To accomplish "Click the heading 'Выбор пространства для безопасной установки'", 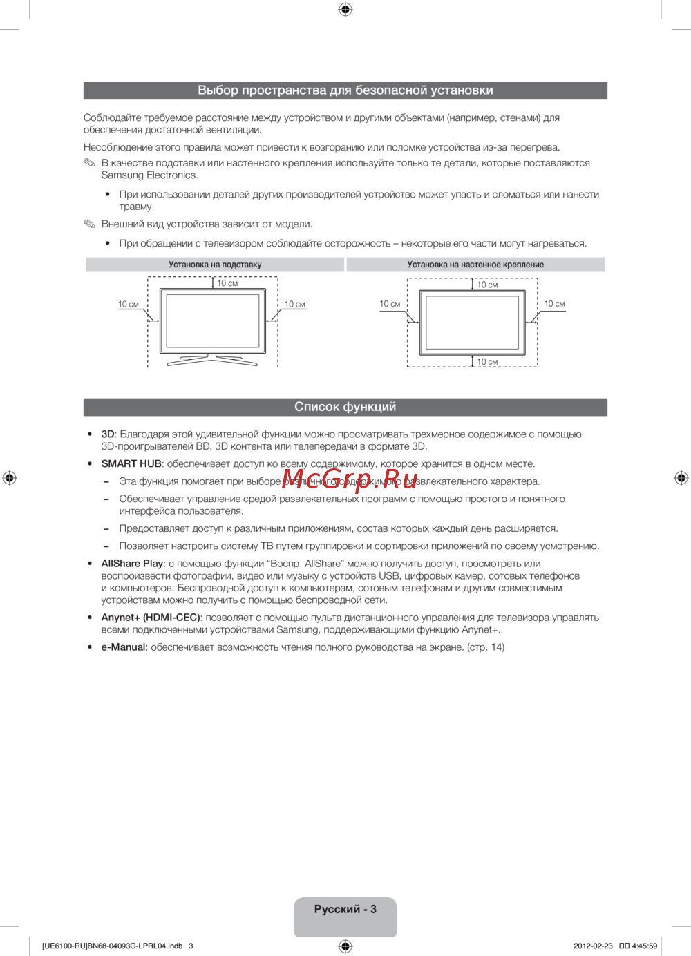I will point(345,90).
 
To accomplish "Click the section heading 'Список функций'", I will point(345,407).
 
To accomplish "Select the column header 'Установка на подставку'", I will point(215,265).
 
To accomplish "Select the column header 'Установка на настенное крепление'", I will point(475,265).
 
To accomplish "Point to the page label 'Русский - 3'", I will point(345,909).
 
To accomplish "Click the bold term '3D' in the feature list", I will point(107,434).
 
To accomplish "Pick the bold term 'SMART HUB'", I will point(131,464).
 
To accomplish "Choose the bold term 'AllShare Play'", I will point(132,564).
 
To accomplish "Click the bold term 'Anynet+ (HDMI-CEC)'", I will point(151,618).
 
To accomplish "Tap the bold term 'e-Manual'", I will point(123,647).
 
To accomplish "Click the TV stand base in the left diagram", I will point(212,359).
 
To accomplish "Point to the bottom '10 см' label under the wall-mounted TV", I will point(487,362).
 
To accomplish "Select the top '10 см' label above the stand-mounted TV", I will point(227,283).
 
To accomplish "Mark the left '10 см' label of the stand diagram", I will point(128,305).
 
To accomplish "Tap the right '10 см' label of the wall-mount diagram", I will point(554,304).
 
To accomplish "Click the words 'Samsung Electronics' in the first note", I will point(149,175).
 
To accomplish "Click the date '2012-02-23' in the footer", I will point(593,946).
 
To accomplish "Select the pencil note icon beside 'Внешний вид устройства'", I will point(90,224).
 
